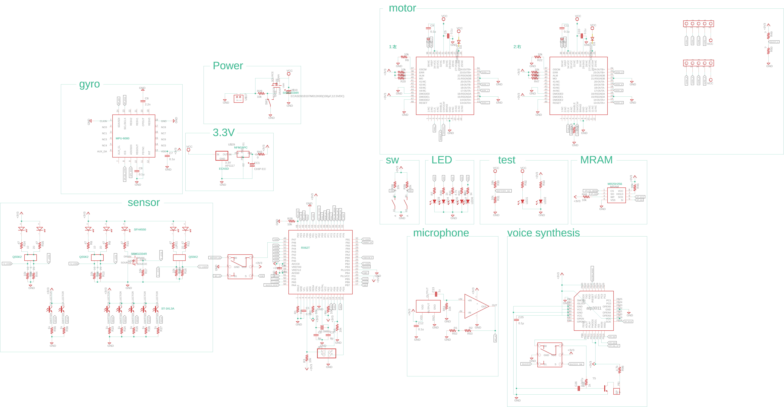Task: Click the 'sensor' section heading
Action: [144, 203]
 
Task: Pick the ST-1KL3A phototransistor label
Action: [168, 309]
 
